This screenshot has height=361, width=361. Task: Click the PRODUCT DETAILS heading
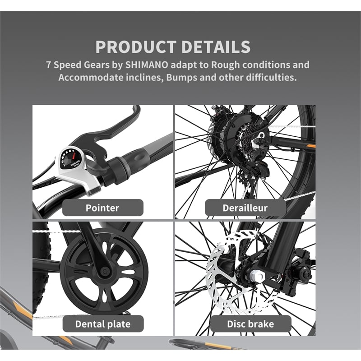(x=173, y=47)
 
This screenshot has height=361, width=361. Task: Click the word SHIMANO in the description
(x=146, y=65)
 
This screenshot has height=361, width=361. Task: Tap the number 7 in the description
(x=49, y=65)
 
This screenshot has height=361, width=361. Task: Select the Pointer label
(x=102, y=208)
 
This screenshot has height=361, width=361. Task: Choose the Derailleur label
(x=245, y=208)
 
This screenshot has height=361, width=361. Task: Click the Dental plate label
(x=102, y=324)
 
